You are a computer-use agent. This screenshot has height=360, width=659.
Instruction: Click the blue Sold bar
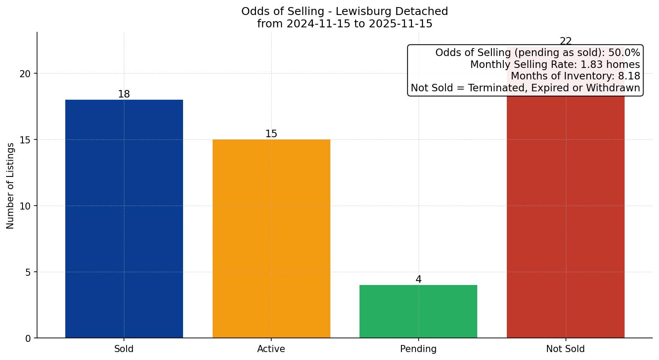pyautogui.click(x=124, y=219)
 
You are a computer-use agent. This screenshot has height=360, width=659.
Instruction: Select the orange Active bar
pyautogui.click(x=271, y=239)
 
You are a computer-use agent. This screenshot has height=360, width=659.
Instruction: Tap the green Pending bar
pyautogui.click(x=418, y=311)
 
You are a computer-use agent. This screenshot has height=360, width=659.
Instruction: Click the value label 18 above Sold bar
pyautogui.click(x=124, y=94)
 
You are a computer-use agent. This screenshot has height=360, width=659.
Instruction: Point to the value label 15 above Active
pyautogui.click(x=271, y=134)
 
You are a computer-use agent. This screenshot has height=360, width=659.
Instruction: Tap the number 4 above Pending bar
pyautogui.click(x=418, y=280)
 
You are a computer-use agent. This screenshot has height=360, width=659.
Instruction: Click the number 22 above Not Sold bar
pyautogui.click(x=565, y=41)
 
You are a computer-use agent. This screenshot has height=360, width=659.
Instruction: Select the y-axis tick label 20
pyautogui.click(x=25, y=74)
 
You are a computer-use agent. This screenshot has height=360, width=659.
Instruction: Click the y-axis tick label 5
pyautogui.click(x=28, y=272)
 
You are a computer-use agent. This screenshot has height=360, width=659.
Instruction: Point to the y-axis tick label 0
pyautogui.click(x=28, y=338)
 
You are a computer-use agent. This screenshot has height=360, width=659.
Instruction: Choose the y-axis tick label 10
pyautogui.click(x=25, y=206)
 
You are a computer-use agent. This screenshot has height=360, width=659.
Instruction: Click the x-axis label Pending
pyautogui.click(x=418, y=349)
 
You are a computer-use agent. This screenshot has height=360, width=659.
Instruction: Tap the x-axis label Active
pyautogui.click(x=271, y=349)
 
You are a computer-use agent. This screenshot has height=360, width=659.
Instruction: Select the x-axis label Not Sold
pyautogui.click(x=565, y=349)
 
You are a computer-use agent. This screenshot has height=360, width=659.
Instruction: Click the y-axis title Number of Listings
pyautogui.click(x=11, y=186)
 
